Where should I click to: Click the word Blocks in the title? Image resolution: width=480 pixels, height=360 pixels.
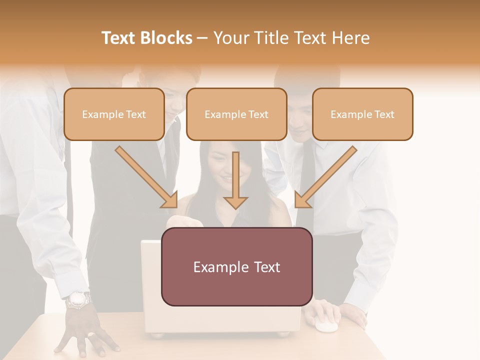pyautogui.click(x=165, y=38)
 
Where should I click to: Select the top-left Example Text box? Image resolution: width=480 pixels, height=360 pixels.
pyautogui.click(x=114, y=114)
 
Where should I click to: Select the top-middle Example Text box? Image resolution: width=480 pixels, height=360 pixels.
pyautogui.click(x=236, y=114)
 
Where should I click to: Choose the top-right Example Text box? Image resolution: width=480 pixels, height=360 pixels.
pyautogui.click(x=362, y=114)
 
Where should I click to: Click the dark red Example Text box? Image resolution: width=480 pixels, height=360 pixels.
pyautogui.click(x=236, y=267)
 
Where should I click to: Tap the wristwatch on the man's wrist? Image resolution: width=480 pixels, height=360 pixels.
pyautogui.click(x=78, y=300)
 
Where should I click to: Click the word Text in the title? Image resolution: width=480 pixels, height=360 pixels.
pyautogui.click(x=119, y=38)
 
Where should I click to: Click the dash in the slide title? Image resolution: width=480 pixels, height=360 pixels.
pyautogui.click(x=202, y=38)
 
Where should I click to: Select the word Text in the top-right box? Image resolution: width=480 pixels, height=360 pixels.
pyautogui.click(x=384, y=114)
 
